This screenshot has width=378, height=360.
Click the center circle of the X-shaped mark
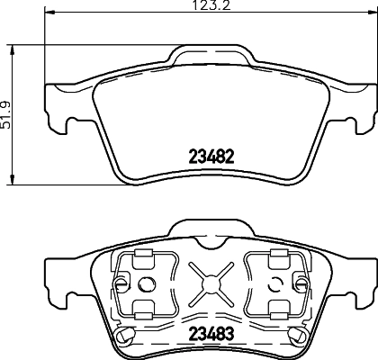213,283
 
